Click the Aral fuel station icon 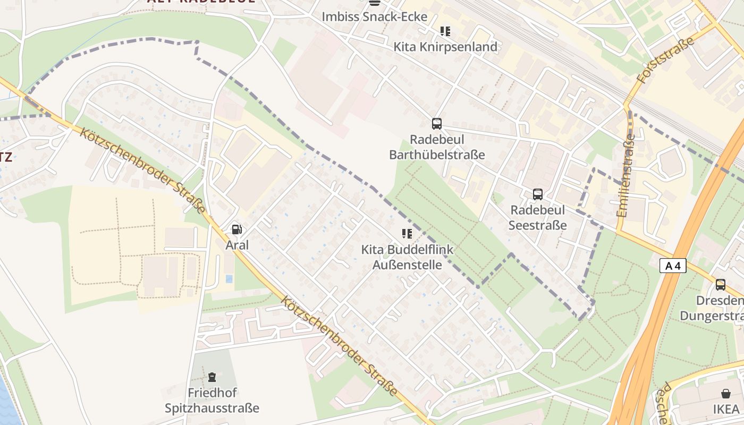click(x=237, y=229)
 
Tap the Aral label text click(x=237, y=245)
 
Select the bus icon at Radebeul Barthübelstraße click(x=437, y=124)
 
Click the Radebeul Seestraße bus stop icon click(x=538, y=194)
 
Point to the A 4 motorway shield click(x=673, y=266)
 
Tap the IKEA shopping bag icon click(x=726, y=394)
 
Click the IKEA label click(x=726, y=409)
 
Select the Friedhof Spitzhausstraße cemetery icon click(x=212, y=377)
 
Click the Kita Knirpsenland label click(x=445, y=47)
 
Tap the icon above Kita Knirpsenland click(x=445, y=31)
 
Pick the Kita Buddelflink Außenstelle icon click(x=407, y=234)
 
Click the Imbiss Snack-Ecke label click(x=375, y=16)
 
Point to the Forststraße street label click(x=666, y=60)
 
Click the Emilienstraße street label click(x=625, y=175)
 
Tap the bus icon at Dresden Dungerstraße click(x=721, y=285)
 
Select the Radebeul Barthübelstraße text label click(x=437, y=147)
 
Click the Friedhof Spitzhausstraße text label click(x=212, y=401)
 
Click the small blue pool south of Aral click(x=229, y=278)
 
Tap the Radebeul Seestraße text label click(x=538, y=217)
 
